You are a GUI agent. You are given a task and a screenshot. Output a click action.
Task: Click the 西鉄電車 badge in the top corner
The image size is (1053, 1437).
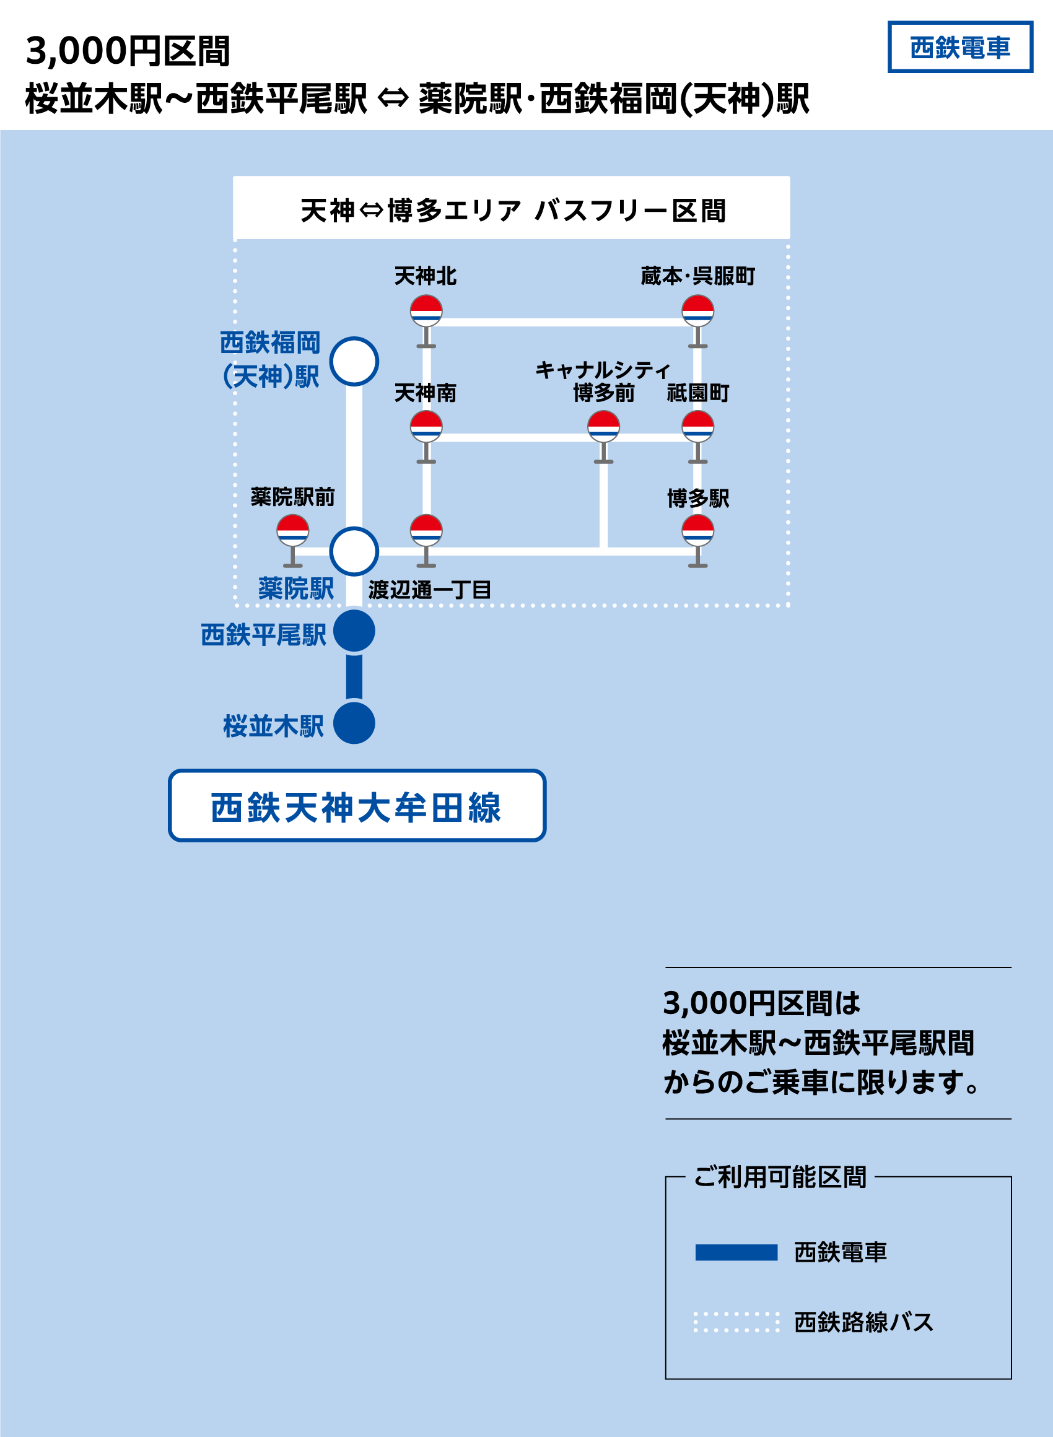(959, 47)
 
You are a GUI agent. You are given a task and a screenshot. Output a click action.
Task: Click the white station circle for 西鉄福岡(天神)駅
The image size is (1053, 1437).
(354, 361)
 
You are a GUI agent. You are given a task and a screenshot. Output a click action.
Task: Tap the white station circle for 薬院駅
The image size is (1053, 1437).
(354, 551)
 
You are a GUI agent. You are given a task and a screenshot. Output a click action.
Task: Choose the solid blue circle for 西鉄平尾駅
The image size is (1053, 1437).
(354, 631)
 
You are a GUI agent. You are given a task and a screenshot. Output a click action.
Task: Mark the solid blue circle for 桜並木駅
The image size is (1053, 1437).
(354, 723)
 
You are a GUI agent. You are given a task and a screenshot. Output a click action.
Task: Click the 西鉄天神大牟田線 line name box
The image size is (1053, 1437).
(357, 805)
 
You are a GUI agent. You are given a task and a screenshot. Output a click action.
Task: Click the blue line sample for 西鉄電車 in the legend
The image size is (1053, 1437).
(736, 1252)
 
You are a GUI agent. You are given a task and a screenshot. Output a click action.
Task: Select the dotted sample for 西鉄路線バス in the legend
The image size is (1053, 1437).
(736, 1322)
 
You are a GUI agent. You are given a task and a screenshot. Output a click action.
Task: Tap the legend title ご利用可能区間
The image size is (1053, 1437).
(780, 1177)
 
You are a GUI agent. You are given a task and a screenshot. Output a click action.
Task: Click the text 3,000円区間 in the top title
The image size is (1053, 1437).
(128, 51)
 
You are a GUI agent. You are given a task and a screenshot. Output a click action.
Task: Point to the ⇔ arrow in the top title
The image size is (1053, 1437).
(393, 98)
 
